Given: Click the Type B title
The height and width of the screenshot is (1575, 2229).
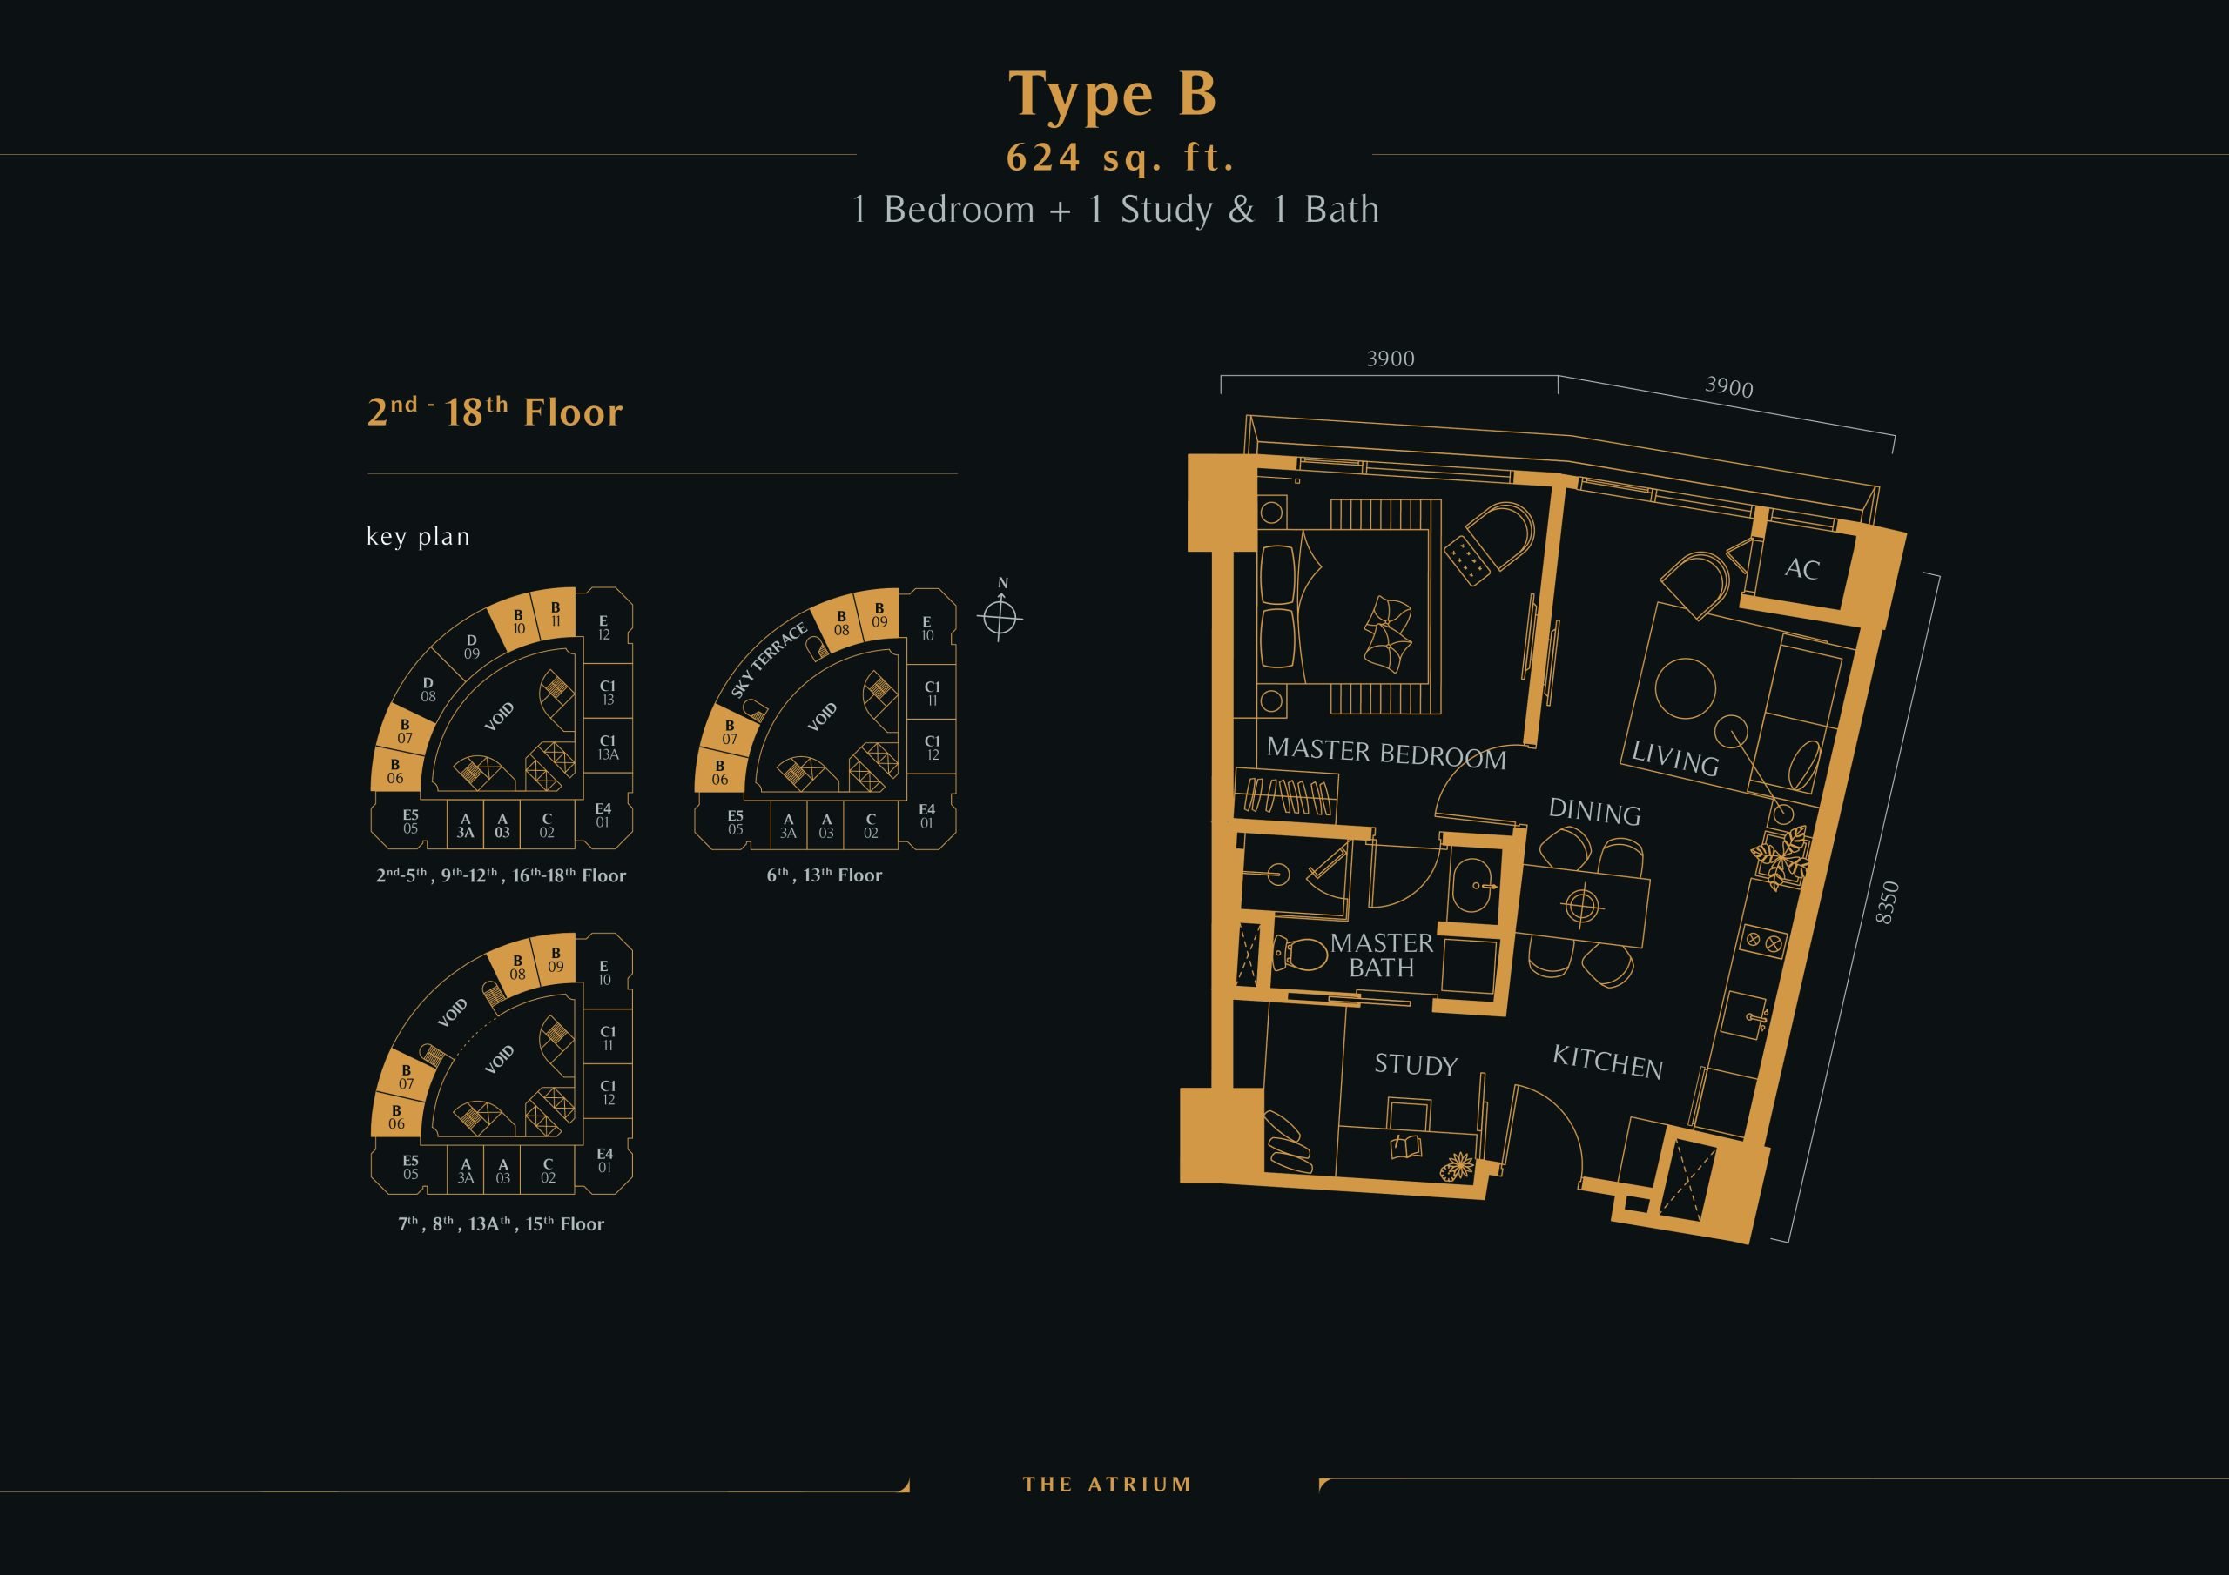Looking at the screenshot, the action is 1113,95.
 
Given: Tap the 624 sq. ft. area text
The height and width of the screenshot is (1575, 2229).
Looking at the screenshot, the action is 1121,157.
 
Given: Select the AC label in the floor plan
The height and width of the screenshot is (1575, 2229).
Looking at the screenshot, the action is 1801,569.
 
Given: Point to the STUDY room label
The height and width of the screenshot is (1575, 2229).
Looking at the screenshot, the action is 1416,1064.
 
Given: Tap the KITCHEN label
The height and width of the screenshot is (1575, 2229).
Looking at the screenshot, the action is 1607,1062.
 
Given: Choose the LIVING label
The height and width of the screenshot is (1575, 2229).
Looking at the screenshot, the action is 1674,758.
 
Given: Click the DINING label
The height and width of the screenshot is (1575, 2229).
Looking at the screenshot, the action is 1594,811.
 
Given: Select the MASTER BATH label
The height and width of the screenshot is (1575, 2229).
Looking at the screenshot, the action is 1382,955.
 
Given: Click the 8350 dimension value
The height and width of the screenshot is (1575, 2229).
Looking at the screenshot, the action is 1886,902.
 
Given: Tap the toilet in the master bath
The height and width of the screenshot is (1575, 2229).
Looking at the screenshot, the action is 1300,953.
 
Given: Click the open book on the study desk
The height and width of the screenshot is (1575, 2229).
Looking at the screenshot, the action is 1405,1147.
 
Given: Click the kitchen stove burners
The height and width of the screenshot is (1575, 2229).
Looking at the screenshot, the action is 1762,941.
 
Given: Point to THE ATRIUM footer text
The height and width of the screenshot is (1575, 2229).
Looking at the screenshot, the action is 1107,1484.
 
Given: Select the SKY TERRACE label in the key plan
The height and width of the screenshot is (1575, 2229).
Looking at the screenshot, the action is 769,660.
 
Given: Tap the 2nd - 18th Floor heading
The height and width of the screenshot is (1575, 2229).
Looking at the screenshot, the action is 495,412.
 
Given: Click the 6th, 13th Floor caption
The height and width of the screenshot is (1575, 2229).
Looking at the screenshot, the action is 825,875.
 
